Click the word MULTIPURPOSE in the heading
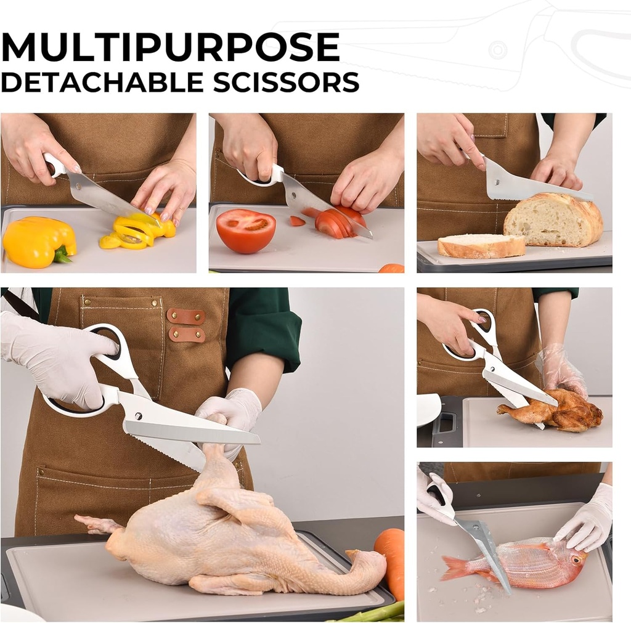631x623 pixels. (x=171, y=47)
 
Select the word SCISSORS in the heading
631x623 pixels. (x=286, y=82)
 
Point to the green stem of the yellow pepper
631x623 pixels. (x=62, y=255)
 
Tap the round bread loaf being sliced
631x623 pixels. (x=553, y=219)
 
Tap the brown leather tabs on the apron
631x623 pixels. (x=185, y=325)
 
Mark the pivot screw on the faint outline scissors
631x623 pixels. (x=498, y=50)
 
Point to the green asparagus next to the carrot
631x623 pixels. (x=373, y=613)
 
